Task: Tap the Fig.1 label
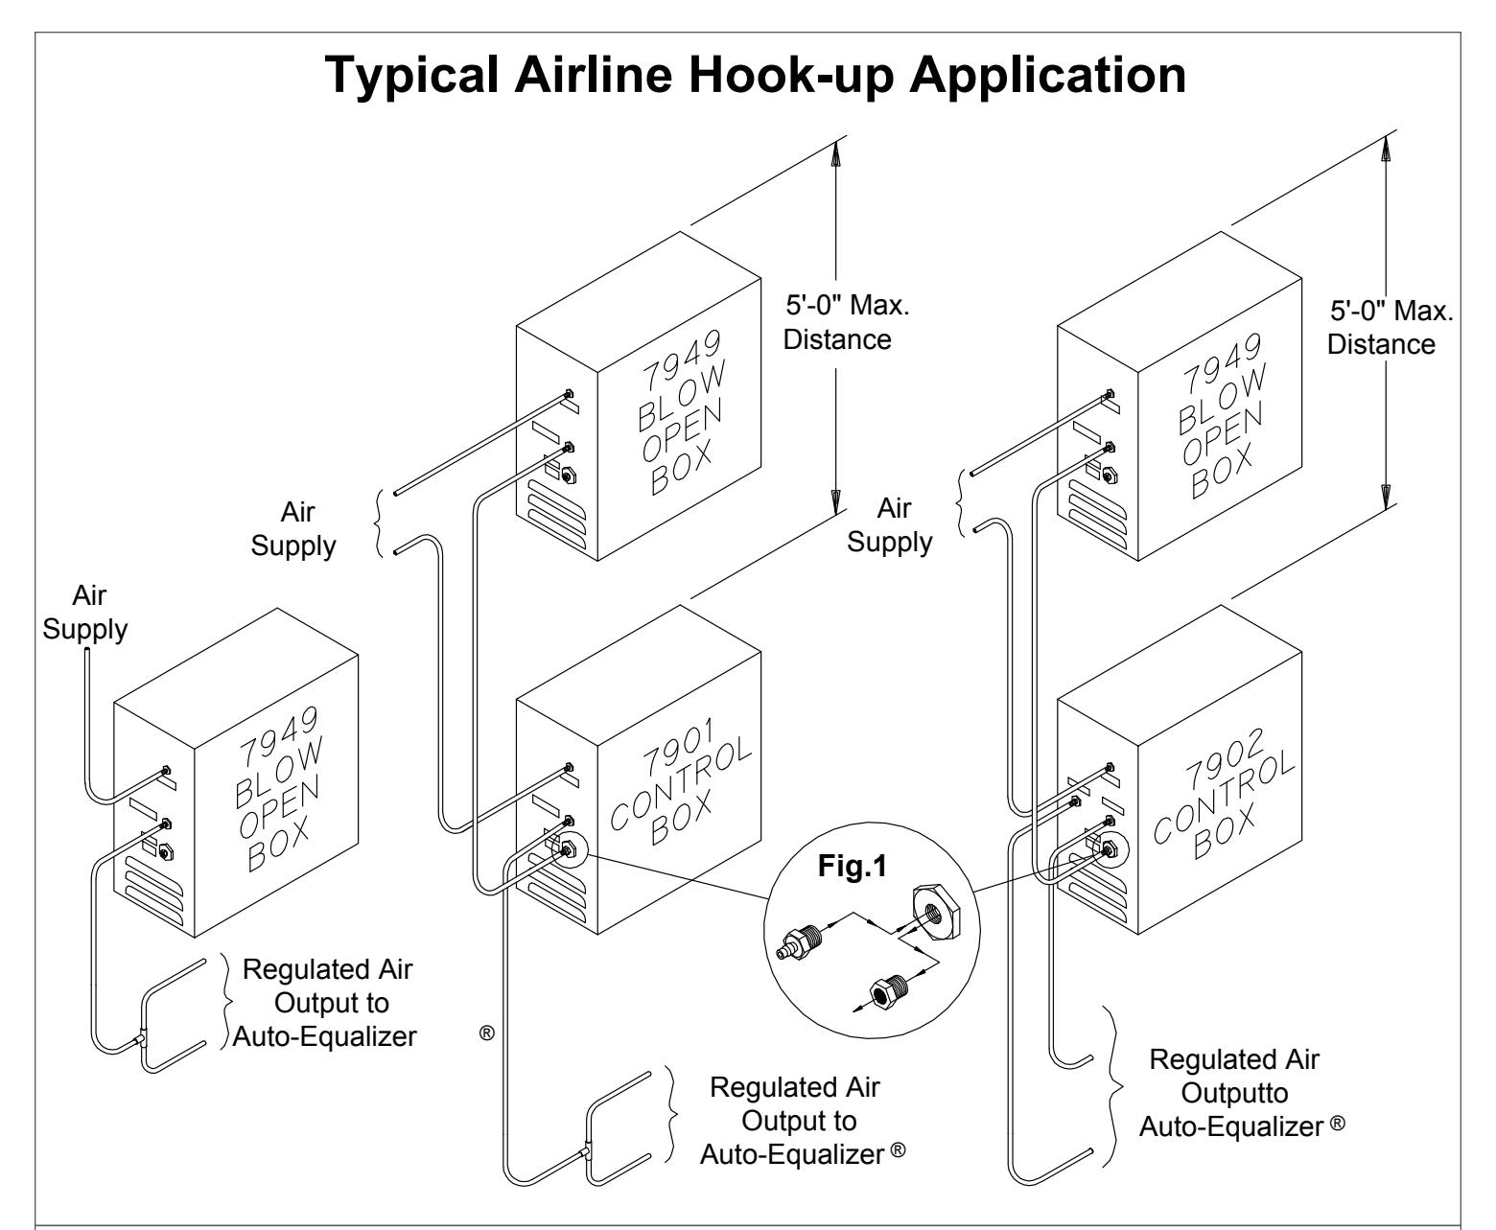point(852,866)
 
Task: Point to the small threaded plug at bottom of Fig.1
point(890,989)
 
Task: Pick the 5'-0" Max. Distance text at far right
point(1390,327)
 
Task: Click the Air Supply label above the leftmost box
point(85,613)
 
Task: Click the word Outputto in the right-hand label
point(1234,1092)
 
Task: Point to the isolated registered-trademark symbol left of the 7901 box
point(486,1033)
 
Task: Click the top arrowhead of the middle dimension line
point(835,153)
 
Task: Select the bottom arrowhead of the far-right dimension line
point(1386,496)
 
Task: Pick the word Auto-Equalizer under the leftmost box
point(325,1036)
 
